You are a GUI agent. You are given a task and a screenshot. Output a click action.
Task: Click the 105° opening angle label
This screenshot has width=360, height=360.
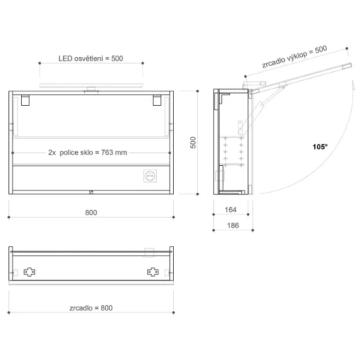[320, 147]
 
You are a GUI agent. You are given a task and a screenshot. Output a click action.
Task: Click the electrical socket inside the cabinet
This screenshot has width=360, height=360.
[150, 176]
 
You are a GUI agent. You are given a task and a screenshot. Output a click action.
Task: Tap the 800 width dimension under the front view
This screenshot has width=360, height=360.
[91, 213]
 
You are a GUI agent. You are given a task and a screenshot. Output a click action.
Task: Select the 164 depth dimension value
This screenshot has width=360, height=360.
[230, 210]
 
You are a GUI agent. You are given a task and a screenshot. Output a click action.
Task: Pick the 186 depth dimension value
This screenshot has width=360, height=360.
[233, 226]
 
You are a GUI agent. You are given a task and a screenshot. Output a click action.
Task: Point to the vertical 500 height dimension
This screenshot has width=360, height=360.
[193, 143]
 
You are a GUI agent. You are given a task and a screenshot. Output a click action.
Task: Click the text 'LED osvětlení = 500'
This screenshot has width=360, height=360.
[91, 58]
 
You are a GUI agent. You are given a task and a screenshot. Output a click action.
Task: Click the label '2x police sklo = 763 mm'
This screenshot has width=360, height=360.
[87, 153]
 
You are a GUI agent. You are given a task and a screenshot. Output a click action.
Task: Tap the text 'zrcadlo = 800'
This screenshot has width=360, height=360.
[91, 308]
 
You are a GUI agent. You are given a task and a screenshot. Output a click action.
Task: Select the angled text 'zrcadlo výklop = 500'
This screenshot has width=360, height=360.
[294, 57]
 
